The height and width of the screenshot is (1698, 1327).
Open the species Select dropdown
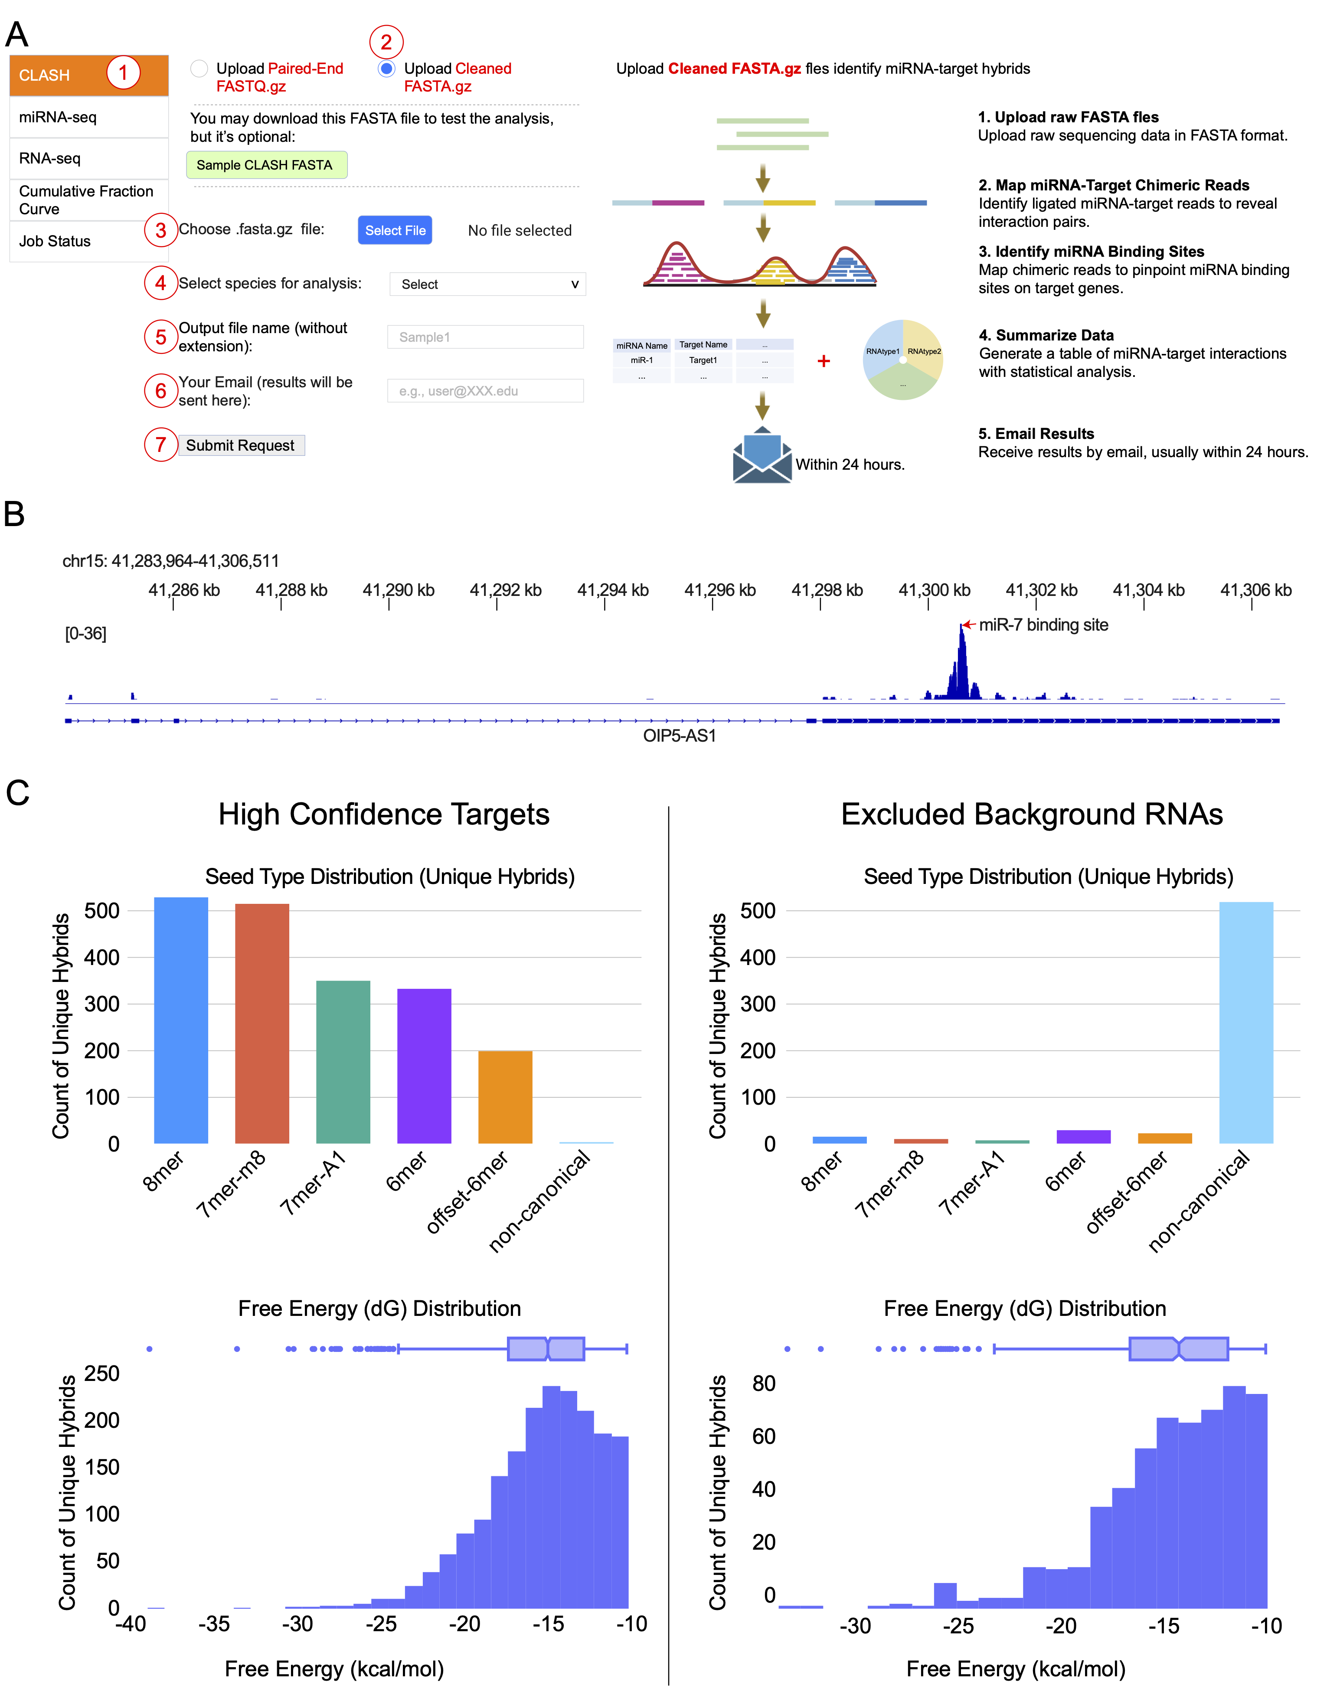(487, 285)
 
